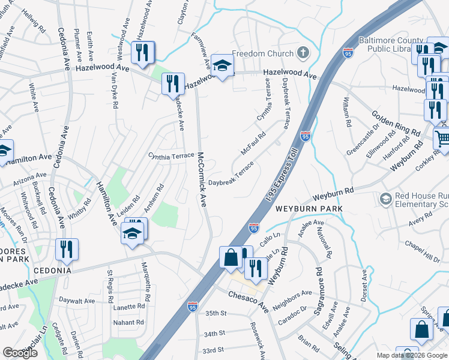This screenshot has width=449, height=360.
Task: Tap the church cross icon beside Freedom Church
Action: click(303, 53)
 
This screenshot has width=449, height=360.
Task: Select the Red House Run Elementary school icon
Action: click(385, 198)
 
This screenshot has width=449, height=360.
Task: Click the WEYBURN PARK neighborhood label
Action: click(309, 209)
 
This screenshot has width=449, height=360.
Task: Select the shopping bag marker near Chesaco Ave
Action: click(231, 259)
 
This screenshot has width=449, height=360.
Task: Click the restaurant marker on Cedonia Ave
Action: click(66, 250)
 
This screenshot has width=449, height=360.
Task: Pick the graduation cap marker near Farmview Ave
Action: click(222, 68)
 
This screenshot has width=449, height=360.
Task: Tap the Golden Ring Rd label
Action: click(396, 123)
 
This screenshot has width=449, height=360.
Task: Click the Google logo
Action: click(20, 353)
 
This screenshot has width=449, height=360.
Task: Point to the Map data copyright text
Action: click(412, 355)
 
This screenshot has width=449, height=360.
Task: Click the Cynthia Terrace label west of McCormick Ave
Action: click(171, 155)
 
